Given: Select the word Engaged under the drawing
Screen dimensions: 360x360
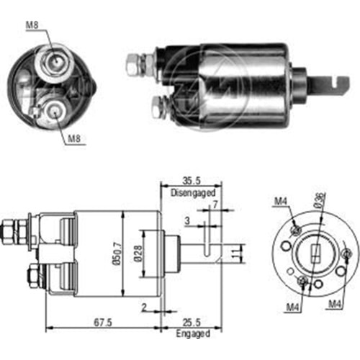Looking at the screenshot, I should click(x=192, y=334).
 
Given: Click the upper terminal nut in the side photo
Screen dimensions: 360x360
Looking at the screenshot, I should click(x=132, y=65).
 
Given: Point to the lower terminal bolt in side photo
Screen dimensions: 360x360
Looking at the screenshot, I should click(x=158, y=109).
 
